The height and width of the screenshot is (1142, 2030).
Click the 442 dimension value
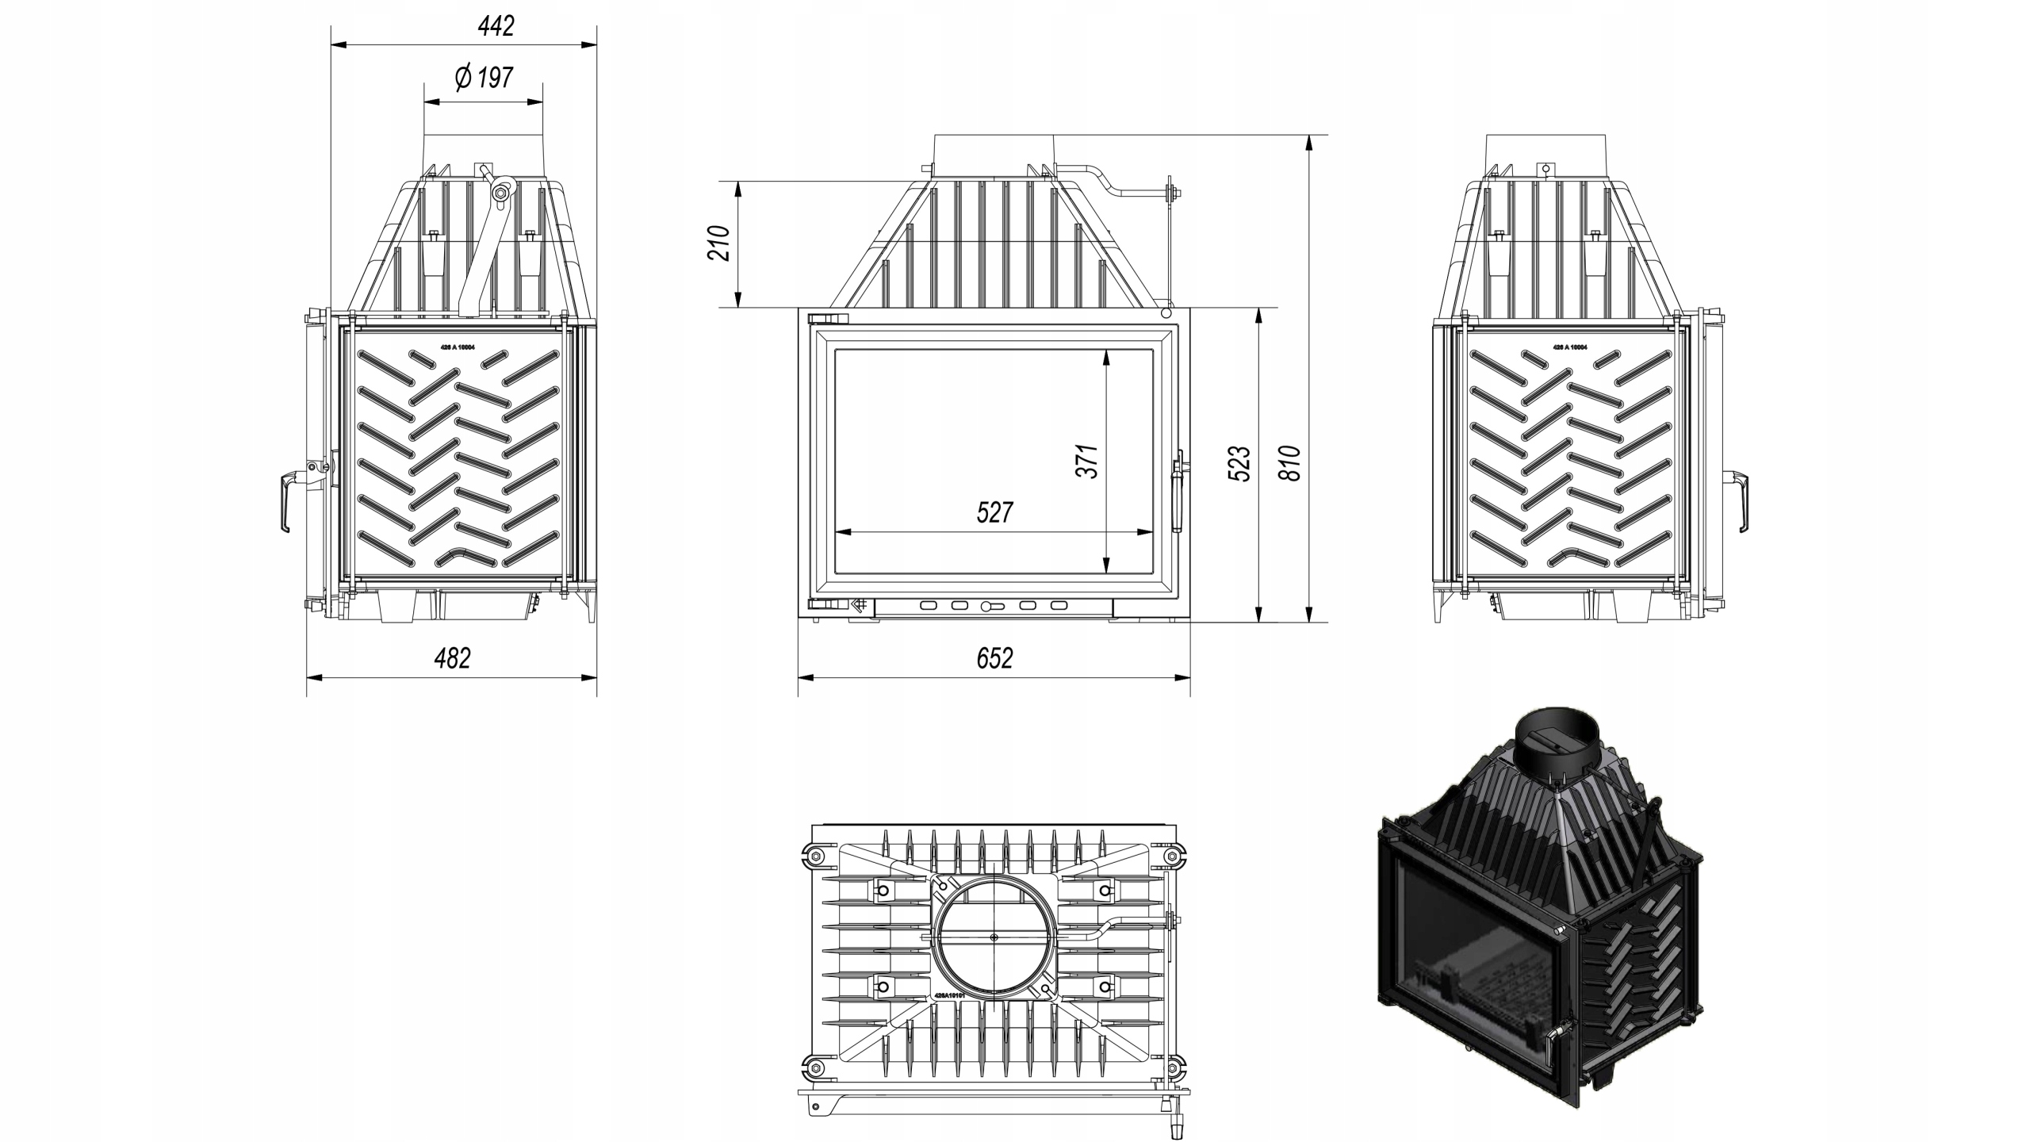(x=496, y=26)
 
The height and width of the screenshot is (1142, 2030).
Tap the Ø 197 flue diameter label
(x=484, y=78)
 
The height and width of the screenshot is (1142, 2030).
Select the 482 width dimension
(x=452, y=658)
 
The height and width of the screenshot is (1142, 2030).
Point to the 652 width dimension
(x=994, y=658)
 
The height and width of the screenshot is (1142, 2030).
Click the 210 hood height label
(x=718, y=243)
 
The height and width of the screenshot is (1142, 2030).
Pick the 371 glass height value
(x=1087, y=461)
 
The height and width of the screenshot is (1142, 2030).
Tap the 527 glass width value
(x=994, y=512)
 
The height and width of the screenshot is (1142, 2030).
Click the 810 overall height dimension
(x=1290, y=464)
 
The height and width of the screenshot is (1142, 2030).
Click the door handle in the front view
(x=1178, y=492)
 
